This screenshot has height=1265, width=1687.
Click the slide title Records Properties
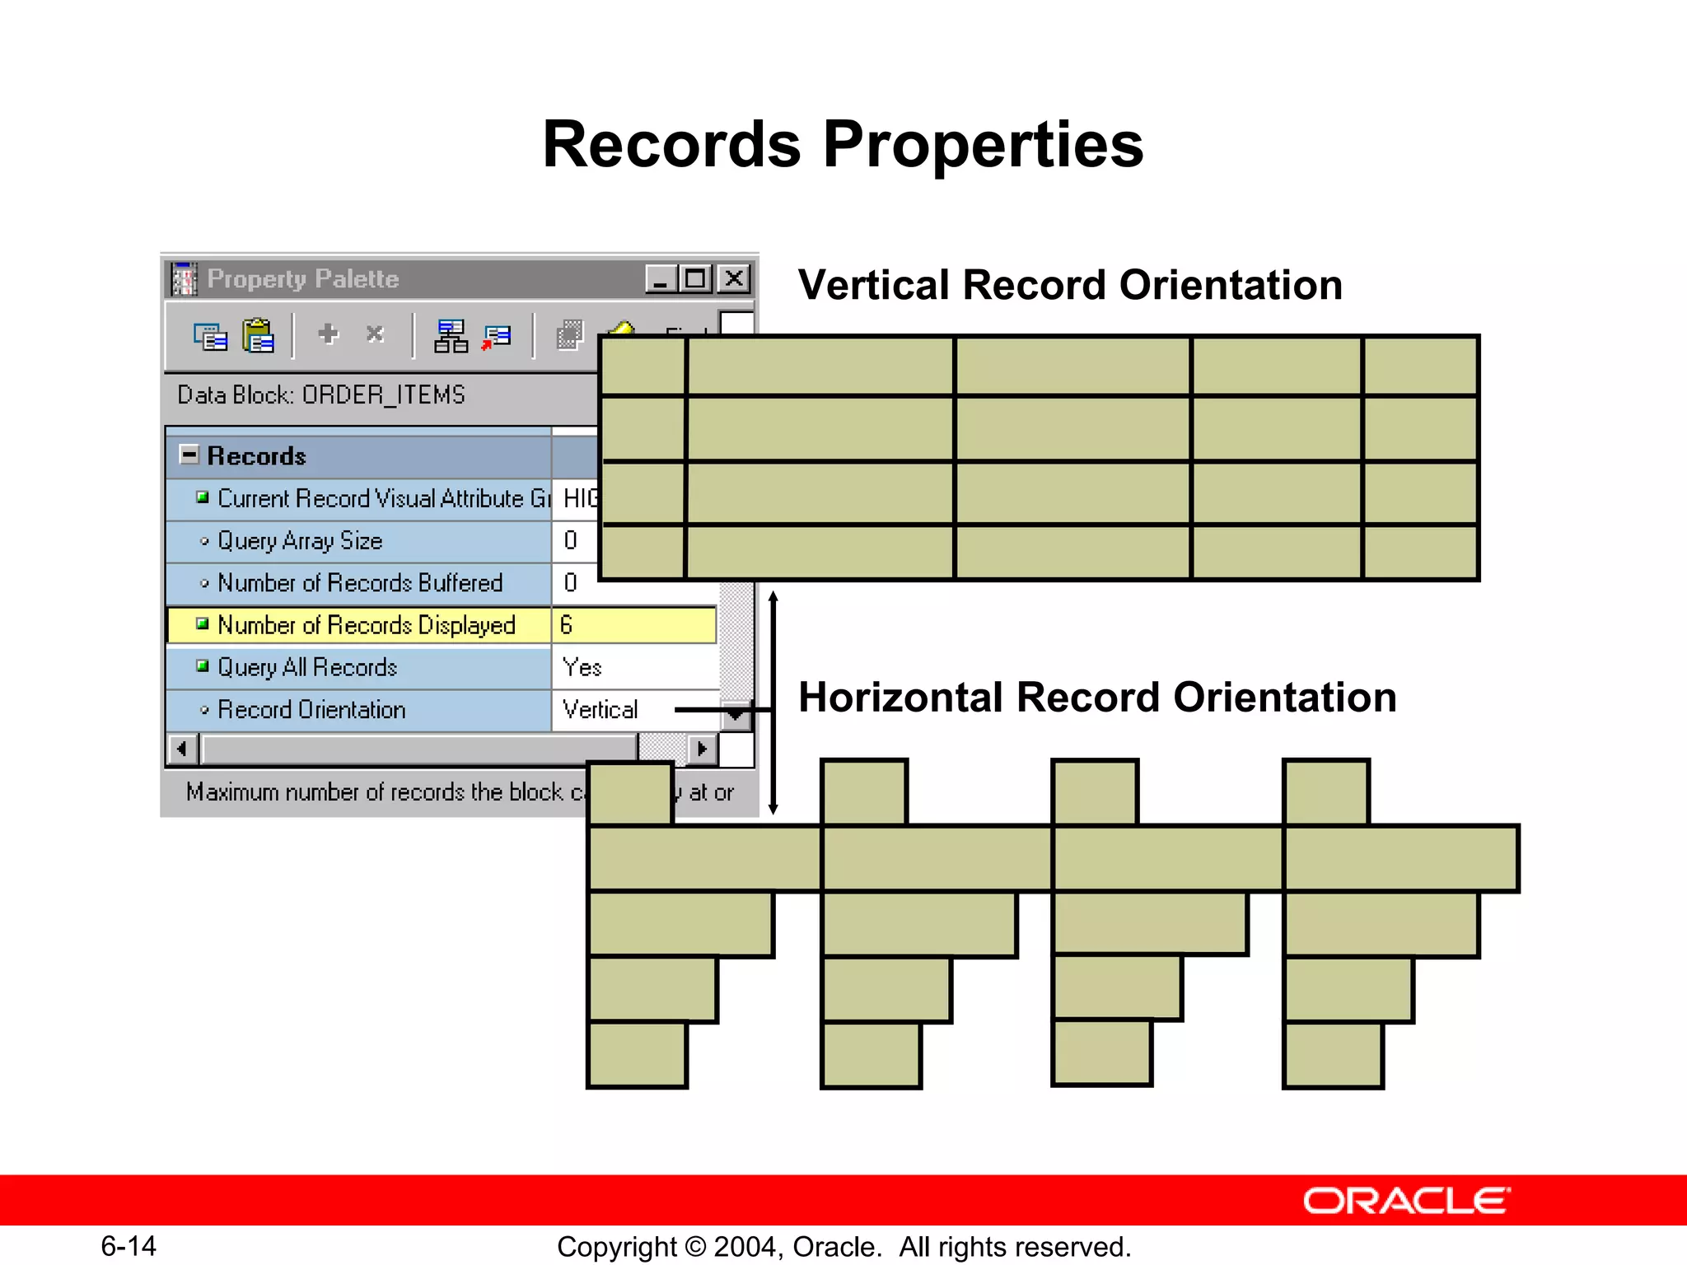(x=843, y=145)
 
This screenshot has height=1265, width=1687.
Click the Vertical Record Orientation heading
(x=1069, y=286)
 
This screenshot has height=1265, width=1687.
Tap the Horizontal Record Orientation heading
(x=1096, y=698)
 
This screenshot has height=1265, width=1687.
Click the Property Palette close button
(x=734, y=279)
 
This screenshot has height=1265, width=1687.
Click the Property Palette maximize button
(x=696, y=279)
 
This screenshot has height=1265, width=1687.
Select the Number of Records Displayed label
(x=366, y=626)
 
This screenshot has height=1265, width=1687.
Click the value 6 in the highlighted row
(x=567, y=626)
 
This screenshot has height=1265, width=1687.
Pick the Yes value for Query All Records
(x=582, y=668)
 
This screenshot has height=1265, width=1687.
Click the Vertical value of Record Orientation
(x=600, y=710)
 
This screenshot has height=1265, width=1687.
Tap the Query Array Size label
(x=300, y=541)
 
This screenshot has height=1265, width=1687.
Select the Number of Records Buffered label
(x=359, y=583)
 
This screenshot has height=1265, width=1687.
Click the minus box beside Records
(x=189, y=455)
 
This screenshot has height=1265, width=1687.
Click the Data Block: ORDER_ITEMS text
(x=321, y=395)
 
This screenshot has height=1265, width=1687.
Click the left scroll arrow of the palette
(x=182, y=749)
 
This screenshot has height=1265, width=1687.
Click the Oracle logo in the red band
(x=1406, y=1201)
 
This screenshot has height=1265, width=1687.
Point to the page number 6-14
(x=129, y=1246)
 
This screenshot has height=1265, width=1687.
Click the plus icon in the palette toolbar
(x=328, y=334)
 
